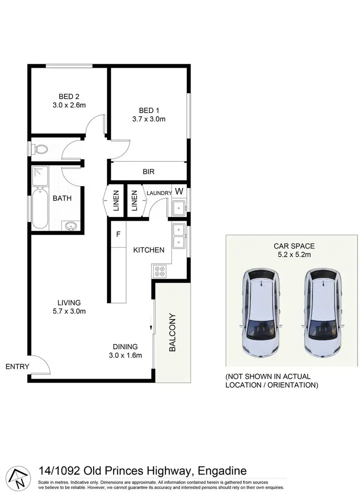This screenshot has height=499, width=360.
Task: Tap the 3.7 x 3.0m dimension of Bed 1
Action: pos(149,119)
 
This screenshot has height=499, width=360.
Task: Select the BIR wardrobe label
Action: pos(148,171)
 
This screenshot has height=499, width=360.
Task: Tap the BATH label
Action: pos(62,198)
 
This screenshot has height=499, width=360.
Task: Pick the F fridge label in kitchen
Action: pos(118,234)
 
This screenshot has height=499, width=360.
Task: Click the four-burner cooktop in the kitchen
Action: pos(159,272)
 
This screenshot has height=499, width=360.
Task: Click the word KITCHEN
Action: pos(149,250)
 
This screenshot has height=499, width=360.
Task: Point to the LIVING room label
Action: pos(69,302)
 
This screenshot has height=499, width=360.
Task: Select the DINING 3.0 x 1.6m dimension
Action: pos(125,355)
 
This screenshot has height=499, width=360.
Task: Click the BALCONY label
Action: pos(172,333)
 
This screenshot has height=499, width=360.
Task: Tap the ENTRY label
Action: pos(17,367)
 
